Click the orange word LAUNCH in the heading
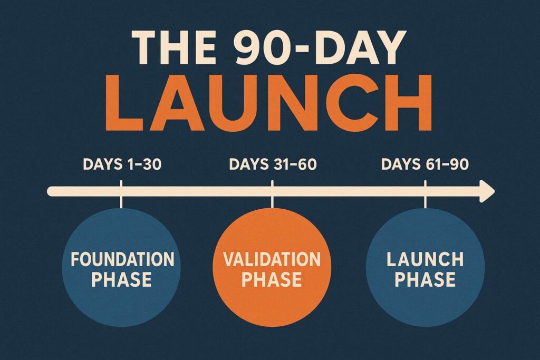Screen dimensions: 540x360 269,102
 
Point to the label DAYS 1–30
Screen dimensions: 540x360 122,164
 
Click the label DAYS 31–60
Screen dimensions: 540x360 273,164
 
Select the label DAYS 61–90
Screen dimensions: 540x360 425,164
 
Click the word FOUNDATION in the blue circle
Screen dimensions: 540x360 122,259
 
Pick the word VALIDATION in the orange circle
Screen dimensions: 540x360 272,259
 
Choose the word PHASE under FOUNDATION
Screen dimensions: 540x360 122,279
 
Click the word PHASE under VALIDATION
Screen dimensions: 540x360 272,279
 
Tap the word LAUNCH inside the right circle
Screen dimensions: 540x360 425,259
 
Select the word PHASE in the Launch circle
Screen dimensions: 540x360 425,279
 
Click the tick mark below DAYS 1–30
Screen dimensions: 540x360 121,194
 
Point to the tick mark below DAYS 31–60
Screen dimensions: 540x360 272,194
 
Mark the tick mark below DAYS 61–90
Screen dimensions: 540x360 425,194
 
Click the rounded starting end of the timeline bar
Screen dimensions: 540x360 51,191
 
